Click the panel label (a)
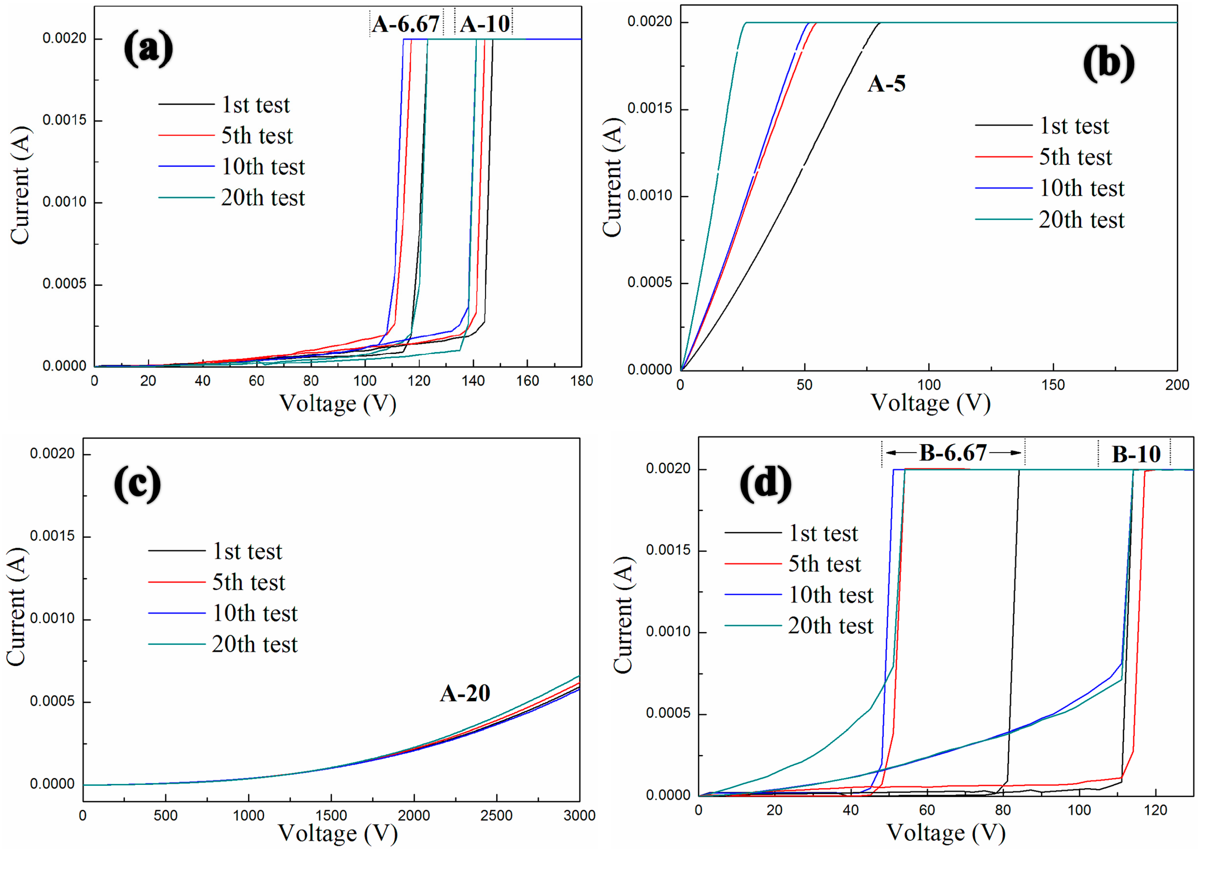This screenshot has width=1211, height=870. click(148, 49)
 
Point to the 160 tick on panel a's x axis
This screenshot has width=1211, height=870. click(527, 381)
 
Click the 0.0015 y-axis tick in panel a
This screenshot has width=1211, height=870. click(64, 120)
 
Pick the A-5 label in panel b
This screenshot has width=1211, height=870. click(886, 84)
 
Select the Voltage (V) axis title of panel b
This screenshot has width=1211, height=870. click(930, 403)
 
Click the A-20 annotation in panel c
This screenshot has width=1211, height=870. click(464, 693)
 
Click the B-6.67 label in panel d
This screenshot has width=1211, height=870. click(953, 453)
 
